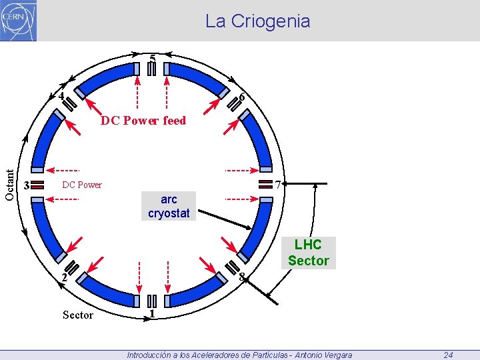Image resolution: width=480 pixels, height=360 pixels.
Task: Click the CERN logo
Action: (x=19, y=20)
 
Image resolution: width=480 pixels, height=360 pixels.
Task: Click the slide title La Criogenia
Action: (x=257, y=21)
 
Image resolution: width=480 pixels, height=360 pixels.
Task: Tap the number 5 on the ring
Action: (x=153, y=59)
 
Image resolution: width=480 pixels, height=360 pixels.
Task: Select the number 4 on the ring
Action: (x=61, y=95)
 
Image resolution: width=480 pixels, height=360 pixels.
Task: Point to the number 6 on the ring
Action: (x=242, y=97)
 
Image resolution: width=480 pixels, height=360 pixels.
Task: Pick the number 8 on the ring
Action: (x=242, y=277)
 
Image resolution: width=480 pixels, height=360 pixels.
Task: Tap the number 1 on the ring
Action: (x=153, y=313)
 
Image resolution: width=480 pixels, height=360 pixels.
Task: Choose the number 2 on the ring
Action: (x=63, y=277)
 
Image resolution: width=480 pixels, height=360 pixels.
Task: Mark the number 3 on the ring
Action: (x=26, y=185)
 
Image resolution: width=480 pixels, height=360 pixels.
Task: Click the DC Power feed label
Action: (x=143, y=121)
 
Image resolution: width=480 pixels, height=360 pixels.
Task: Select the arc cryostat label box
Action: (x=169, y=207)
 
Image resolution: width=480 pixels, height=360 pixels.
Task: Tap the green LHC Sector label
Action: (x=308, y=253)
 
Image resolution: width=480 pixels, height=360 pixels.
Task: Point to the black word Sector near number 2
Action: (x=77, y=315)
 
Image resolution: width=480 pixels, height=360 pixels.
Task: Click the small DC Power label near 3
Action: (x=81, y=185)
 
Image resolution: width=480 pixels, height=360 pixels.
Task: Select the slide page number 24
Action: (x=448, y=355)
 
